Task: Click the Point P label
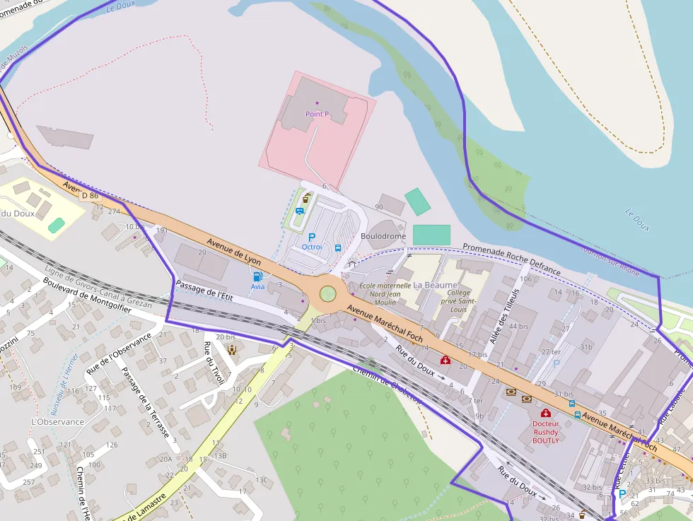[317, 114]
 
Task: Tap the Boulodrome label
[383, 236]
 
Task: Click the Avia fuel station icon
[258, 276]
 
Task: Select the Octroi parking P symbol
[311, 238]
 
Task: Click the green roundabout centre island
[327, 293]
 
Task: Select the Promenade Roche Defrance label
[511, 259]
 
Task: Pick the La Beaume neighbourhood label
[435, 285]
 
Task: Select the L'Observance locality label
[58, 422]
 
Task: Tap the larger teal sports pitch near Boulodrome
[431, 235]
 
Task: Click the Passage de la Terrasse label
[147, 400]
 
